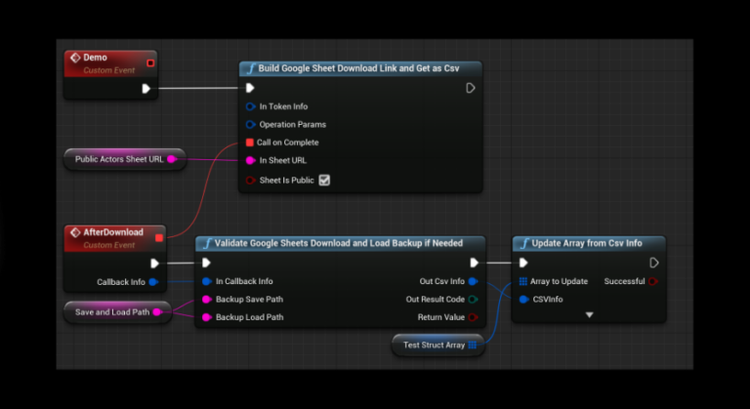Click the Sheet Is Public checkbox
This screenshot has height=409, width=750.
(324, 181)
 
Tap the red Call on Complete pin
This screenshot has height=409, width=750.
(250, 143)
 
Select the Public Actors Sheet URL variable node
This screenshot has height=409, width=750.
(125, 159)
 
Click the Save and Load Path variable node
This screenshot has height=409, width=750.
(117, 312)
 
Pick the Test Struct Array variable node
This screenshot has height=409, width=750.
(438, 345)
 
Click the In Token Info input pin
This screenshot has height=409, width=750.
(250, 106)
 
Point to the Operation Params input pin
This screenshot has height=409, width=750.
(250, 125)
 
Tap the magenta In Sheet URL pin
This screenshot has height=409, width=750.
(250, 161)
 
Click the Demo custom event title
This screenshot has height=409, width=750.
(95, 58)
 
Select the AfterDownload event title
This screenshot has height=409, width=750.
(113, 232)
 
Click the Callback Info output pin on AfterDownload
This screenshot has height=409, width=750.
(153, 282)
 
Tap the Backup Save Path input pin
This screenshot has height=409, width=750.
(207, 300)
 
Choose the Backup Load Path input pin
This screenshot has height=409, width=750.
(207, 317)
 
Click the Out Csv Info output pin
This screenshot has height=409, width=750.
(473, 281)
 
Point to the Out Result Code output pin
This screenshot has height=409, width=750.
(473, 300)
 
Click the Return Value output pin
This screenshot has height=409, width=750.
(473, 317)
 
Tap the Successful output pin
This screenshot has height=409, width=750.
(653, 281)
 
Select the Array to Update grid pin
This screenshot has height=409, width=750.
(523, 281)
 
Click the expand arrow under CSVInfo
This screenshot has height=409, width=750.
(589, 314)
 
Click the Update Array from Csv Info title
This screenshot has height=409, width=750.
(587, 243)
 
